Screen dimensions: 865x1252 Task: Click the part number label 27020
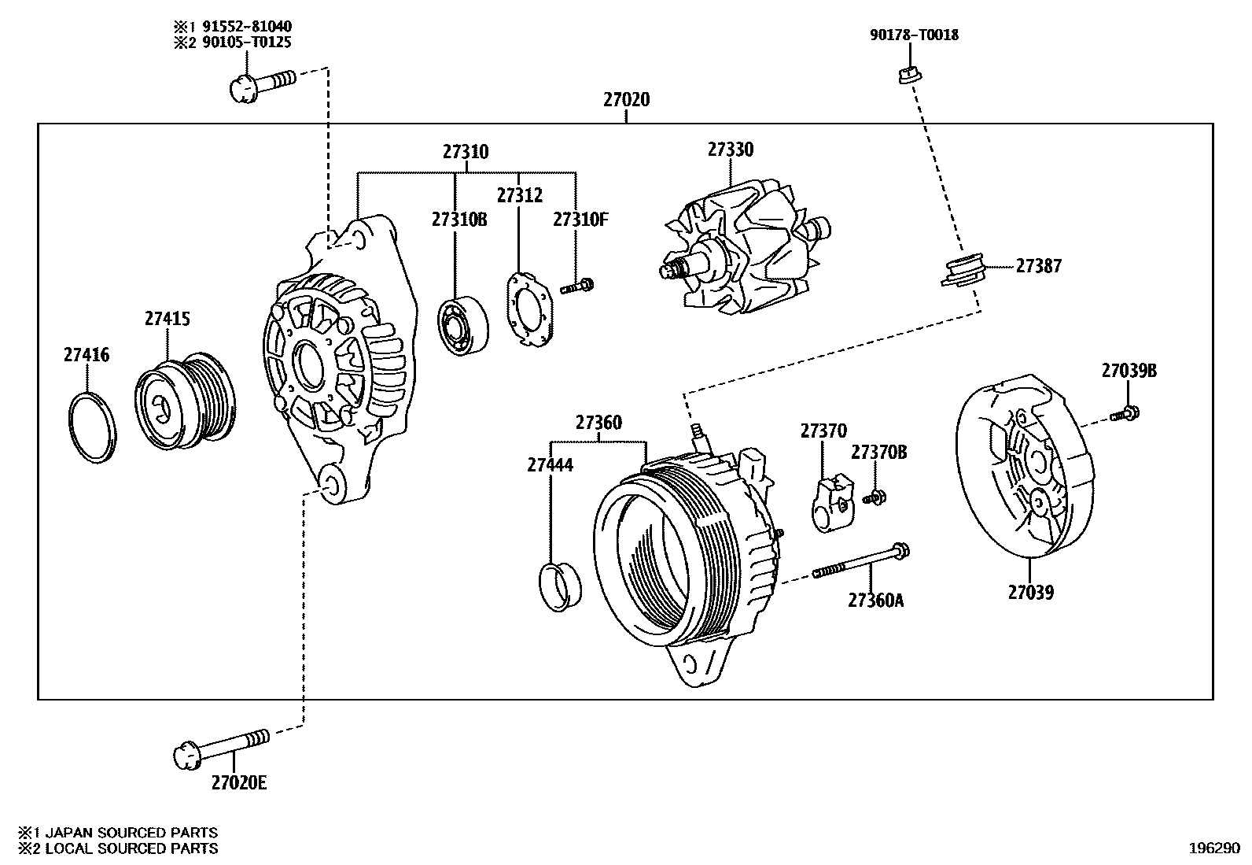pyautogui.click(x=627, y=100)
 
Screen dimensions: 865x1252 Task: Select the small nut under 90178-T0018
pyautogui.click(x=910, y=75)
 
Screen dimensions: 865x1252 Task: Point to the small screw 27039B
pyautogui.click(x=1125, y=412)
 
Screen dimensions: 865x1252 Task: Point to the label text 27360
pyautogui.click(x=598, y=423)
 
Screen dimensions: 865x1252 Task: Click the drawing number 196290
pyautogui.click(x=1213, y=849)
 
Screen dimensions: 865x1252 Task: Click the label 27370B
pyautogui.click(x=879, y=453)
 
